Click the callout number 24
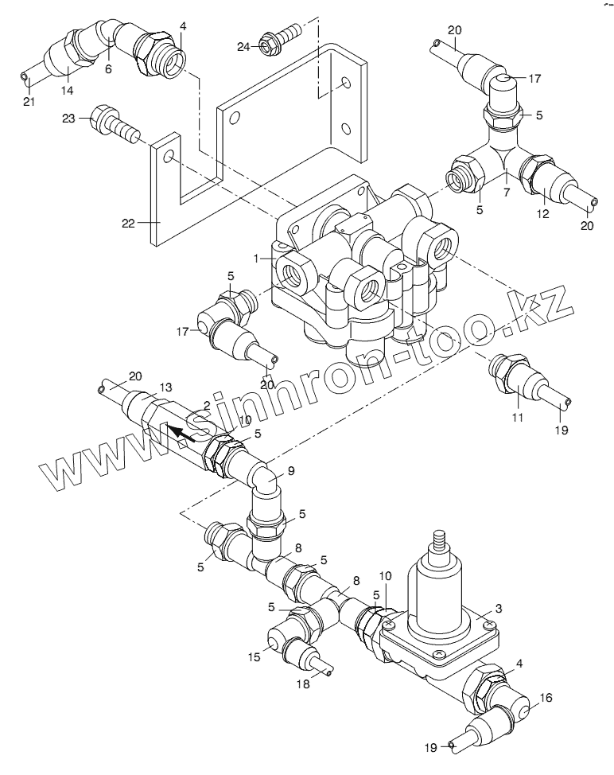click(x=243, y=47)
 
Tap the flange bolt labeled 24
click(x=279, y=40)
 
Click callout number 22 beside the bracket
click(x=128, y=224)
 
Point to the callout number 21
click(x=29, y=102)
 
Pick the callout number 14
click(x=67, y=91)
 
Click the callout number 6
click(x=108, y=68)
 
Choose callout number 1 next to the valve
click(x=256, y=258)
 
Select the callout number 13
click(x=166, y=387)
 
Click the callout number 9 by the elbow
click(x=291, y=471)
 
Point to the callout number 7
click(x=507, y=193)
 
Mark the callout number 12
click(x=543, y=214)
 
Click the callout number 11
click(x=517, y=418)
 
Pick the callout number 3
click(x=499, y=609)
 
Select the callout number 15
click(x=254, y=657)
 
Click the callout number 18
click(x=303, y=684)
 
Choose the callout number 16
click(x=546, y=698)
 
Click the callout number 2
click(x=207, y=406)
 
